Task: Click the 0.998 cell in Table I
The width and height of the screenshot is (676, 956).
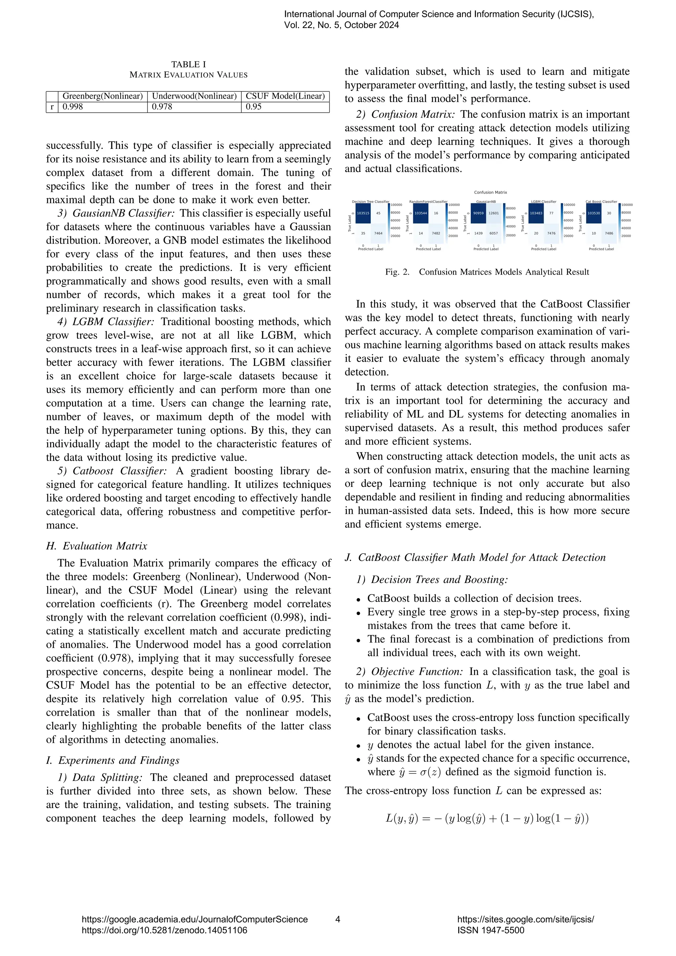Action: (x=73, y=107)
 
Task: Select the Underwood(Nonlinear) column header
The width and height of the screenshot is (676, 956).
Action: (x=194, y=96)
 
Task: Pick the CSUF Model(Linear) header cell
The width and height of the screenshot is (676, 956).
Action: (x=285, y=96)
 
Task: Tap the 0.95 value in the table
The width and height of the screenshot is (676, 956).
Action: (x=253, y=107)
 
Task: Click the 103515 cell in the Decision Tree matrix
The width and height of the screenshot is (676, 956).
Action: (x=363, y=213)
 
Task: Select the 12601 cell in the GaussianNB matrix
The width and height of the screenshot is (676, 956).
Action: (x=494, y=213)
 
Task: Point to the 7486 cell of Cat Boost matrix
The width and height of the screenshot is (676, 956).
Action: (x=609, y=234)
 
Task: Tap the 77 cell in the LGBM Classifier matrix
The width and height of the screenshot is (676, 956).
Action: (x=551, y=213)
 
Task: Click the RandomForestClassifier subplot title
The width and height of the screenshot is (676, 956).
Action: (x=428, y=201)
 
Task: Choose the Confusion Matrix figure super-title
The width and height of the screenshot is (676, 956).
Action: (x=490, y=192)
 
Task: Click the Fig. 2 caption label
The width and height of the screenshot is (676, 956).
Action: (x=397, y=272)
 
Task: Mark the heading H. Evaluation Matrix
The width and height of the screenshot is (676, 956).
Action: (x=97, y=546)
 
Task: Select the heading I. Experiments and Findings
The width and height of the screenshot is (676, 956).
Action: (x=112, y=760)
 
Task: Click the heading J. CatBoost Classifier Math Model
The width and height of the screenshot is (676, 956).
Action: (x=475, y=558)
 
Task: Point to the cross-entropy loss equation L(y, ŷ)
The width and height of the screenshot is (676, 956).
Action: (x=487, y=819)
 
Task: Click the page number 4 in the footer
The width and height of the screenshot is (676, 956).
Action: (x=338, y=919)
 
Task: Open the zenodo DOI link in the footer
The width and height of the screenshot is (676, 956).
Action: (x=164, y=930)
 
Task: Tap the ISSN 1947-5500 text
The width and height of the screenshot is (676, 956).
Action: (x=491, y=930)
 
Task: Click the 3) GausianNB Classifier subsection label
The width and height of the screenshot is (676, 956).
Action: (x=116, y=213)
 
